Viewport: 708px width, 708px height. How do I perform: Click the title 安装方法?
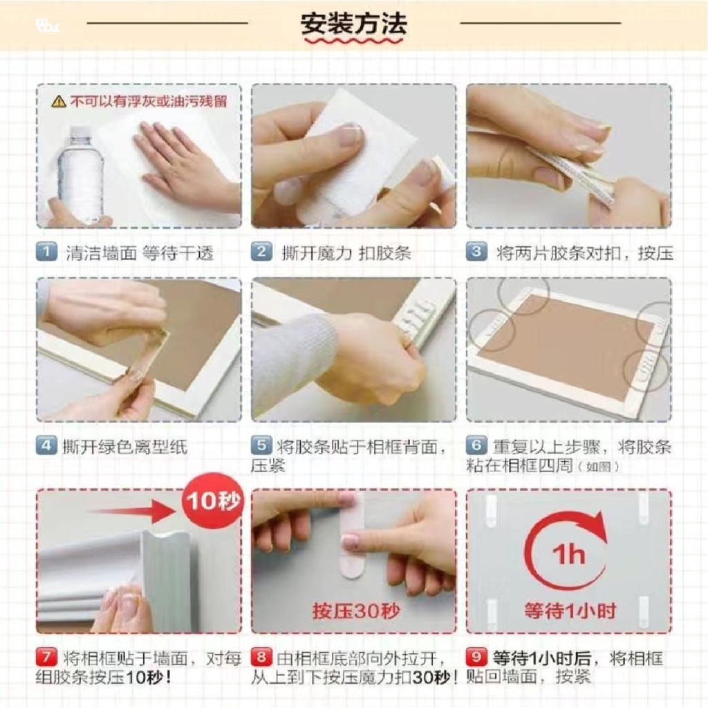353,24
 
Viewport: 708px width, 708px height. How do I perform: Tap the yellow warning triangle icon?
59,101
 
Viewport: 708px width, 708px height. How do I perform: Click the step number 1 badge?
46,252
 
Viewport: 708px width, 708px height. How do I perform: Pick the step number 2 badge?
262,252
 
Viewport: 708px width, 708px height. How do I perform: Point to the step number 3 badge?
477,252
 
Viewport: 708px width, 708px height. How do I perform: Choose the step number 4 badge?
46,446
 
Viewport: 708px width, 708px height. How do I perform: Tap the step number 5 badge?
262,446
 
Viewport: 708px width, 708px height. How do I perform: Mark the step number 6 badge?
477,446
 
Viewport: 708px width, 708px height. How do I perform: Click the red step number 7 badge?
46,657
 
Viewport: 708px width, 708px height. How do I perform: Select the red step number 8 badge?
262,657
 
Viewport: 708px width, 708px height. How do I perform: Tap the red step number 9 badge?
477,657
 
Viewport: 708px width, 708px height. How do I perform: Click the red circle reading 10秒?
213,501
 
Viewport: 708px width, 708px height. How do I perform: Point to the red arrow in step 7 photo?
131,511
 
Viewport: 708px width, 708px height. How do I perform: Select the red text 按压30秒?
356,611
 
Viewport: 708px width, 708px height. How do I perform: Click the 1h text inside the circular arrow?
568,555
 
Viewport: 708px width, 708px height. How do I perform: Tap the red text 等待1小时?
570,611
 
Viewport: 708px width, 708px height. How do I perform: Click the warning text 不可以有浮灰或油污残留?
148,101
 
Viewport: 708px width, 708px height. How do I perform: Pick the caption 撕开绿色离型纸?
124,447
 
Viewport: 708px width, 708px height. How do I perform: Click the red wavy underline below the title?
353,41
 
